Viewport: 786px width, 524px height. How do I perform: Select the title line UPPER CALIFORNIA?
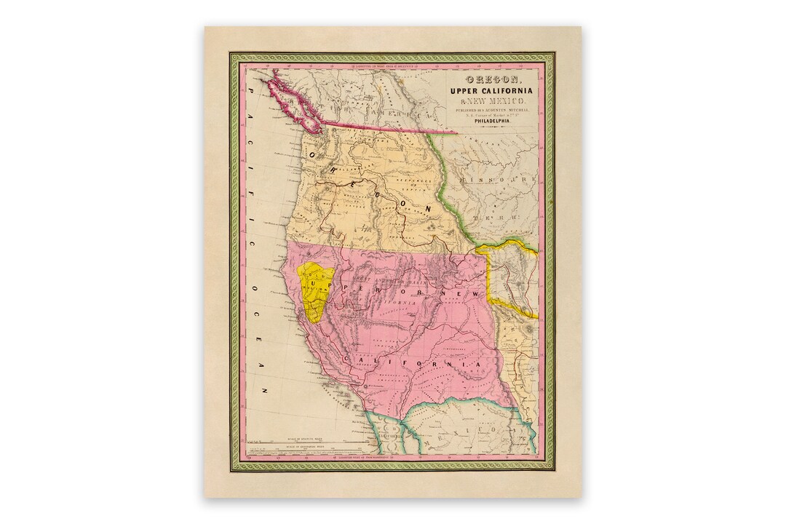click(491, 90)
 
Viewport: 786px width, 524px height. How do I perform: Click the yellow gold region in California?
click(317, 291)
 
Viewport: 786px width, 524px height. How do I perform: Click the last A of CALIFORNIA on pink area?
click(481, 364)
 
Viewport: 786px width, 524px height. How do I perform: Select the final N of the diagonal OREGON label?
click(429, 210)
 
